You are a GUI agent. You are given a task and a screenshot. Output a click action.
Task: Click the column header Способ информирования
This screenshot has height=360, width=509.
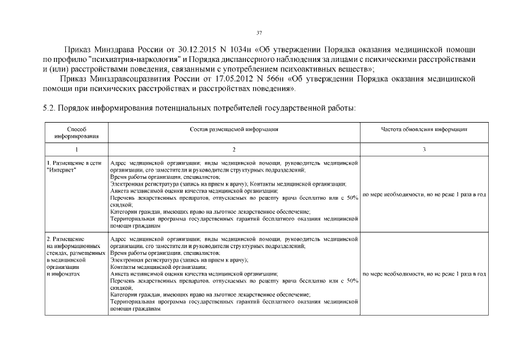tap(76, 132)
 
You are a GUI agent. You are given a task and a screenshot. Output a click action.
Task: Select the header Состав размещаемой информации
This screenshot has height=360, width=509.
tap(234, 129)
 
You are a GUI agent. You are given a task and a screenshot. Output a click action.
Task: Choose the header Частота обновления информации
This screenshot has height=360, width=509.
tap(424, 129)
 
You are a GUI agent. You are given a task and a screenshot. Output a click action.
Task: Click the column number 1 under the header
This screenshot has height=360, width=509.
tap(76, 149)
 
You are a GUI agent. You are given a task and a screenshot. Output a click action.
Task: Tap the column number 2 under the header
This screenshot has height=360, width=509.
tap(234, 149)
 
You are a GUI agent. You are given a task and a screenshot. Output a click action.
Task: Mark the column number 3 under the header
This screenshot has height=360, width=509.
tap(424, 149)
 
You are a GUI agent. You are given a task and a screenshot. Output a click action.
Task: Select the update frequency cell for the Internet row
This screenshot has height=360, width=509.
tap(424, 195)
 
